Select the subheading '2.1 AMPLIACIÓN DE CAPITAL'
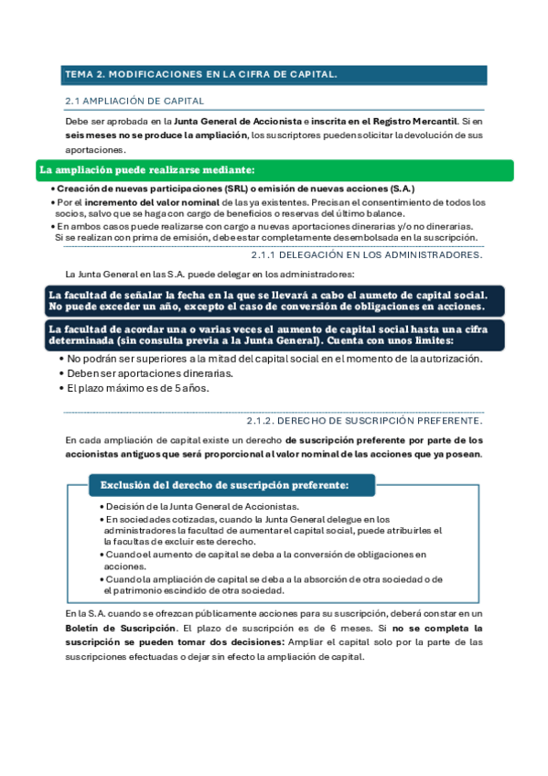point(134,101)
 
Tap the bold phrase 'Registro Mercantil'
point(409,121)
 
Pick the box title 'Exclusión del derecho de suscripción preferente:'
point(224,484)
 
